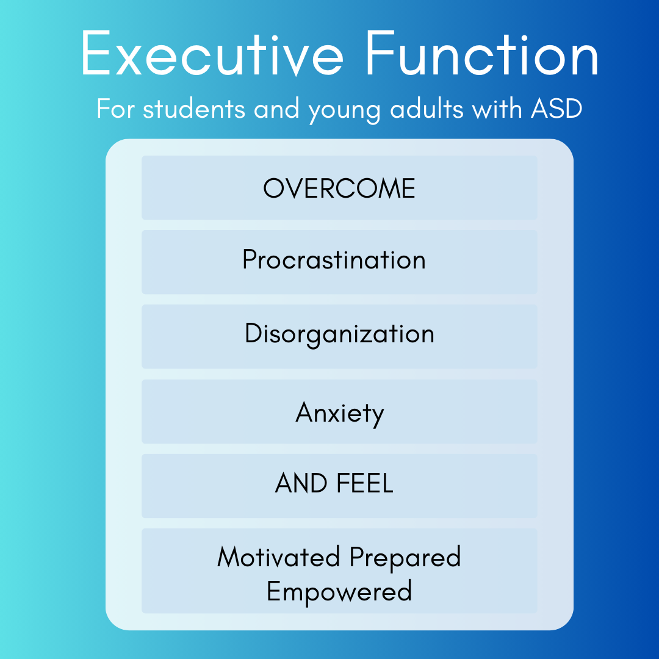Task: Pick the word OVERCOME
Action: click(339, 189)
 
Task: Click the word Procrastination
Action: click(334, 261)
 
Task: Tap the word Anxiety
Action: click(340, 414)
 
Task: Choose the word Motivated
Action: click(279, 558)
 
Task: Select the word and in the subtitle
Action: click(278, 109)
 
